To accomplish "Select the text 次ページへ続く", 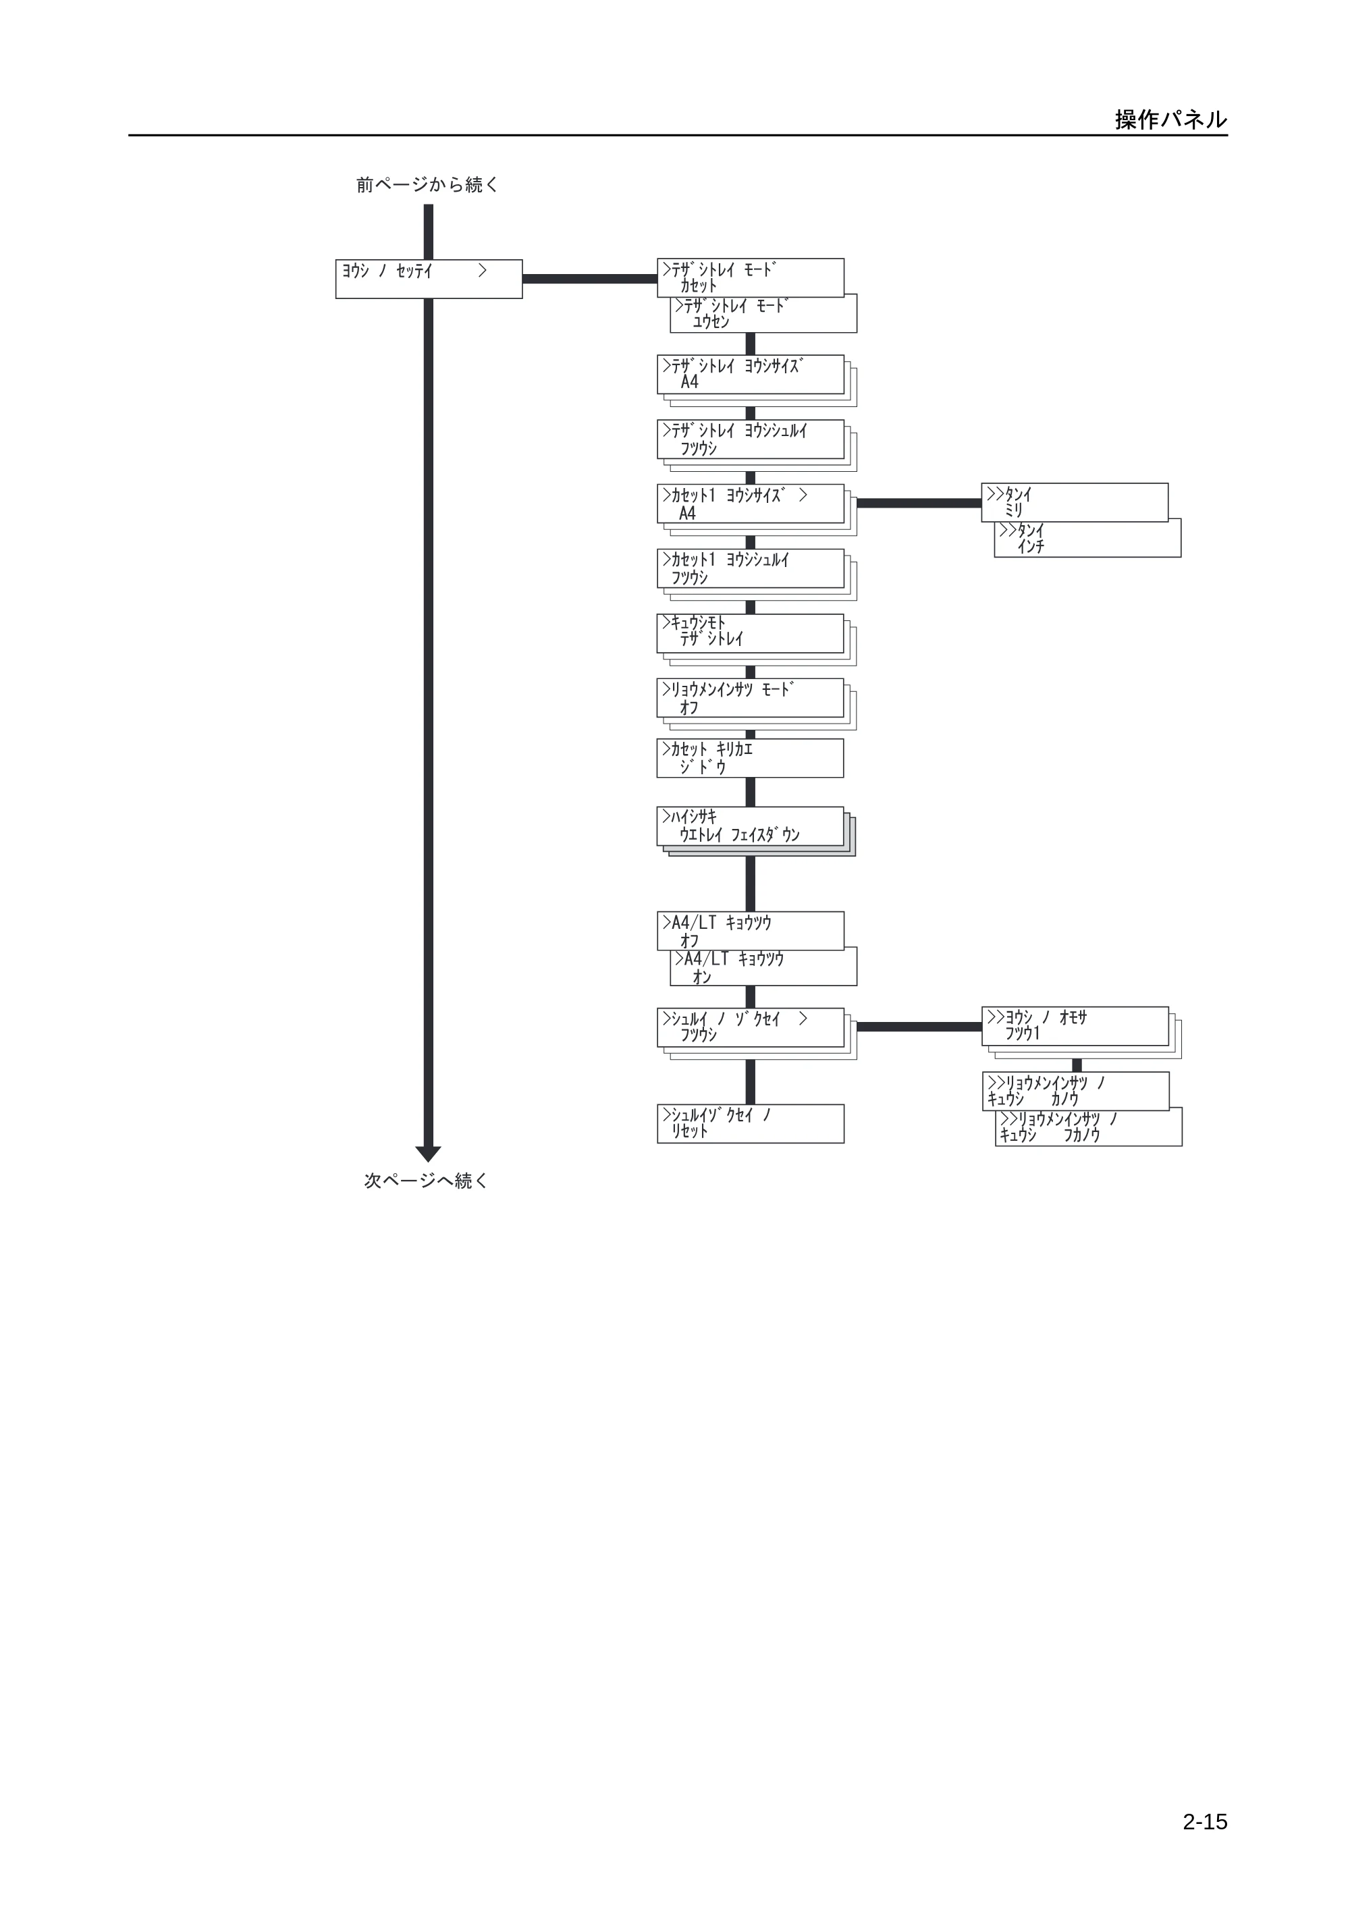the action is pos(426,1180).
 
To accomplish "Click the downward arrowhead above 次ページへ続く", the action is pos(428,1154).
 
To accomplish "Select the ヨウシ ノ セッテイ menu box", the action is pos(429,279).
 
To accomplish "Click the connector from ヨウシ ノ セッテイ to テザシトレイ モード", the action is pos(590,279).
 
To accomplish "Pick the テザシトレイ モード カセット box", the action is pos(750,277).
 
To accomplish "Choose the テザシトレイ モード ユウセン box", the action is pos(763,315).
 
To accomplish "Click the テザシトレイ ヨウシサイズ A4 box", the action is pos(750,375).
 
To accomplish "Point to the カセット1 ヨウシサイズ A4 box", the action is pos(750,504).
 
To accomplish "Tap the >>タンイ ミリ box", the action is pos(1075,503).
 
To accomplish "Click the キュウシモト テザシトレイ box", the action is pos(750,633).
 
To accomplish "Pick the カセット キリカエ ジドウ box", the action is pos(750,758).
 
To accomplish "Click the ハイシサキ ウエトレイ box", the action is pos(750,826).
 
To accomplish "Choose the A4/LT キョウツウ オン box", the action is pos(763,967).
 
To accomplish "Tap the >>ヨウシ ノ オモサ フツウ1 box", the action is pos(1075,1026).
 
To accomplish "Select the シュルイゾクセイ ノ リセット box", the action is pos(751,1124).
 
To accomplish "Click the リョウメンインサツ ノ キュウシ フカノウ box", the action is pos(1089,1127).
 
